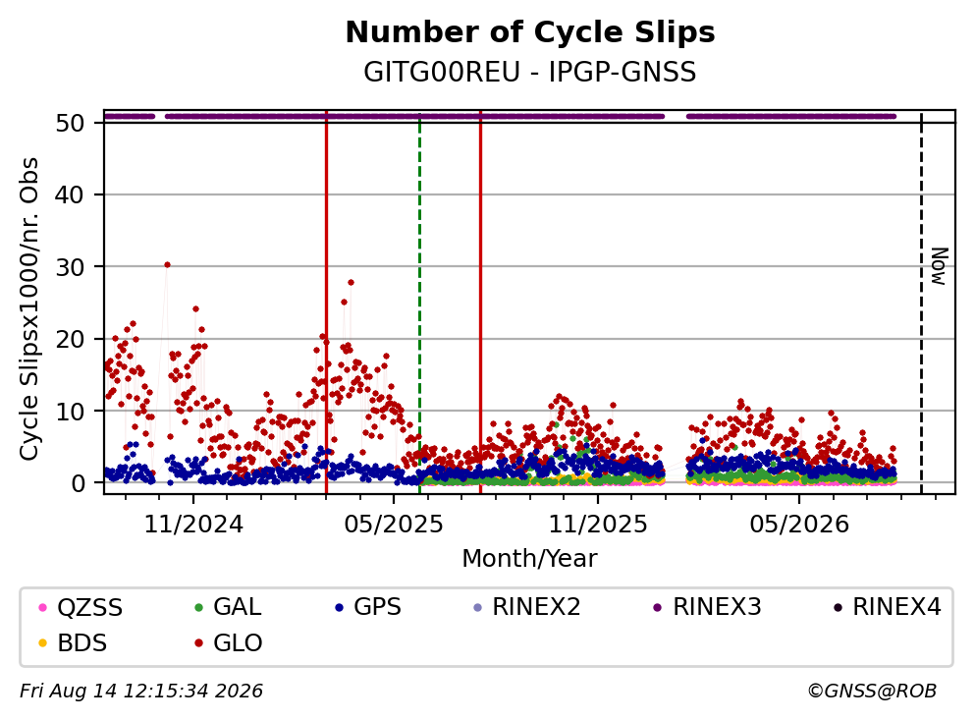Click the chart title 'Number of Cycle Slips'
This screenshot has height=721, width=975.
(x=530, y=32)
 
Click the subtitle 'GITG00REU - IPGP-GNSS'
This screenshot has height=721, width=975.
(x=530, y=72)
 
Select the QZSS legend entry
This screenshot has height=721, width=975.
(x=81, y=607)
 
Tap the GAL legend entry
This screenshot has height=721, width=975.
(x=228, y=606)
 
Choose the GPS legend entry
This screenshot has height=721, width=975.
(x=368, y=606)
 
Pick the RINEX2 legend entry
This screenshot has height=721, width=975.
(x=527, y=606)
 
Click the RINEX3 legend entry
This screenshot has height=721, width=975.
(x=708, y=606)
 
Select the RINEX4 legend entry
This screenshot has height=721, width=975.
(x=888, y=606)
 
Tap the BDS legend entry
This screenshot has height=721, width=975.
(x=73, y=642)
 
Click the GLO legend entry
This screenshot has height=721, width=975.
(x=229, y=642)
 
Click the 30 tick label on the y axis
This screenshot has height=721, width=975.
(x=70, y=267)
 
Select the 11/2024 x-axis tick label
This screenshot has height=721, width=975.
(x=193, y=525)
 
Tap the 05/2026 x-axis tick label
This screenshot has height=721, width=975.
(x=799, y=525)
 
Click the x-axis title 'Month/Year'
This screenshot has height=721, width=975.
(x=530, y=559)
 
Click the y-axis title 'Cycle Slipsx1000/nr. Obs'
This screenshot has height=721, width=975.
(x=29, y=308)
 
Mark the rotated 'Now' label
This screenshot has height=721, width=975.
(x=939, y=266)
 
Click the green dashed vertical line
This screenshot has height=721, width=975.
(x=419, y=303)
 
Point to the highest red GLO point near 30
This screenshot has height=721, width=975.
(x=167, y=265)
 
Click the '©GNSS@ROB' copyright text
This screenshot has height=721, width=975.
(x=872, y=692)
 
